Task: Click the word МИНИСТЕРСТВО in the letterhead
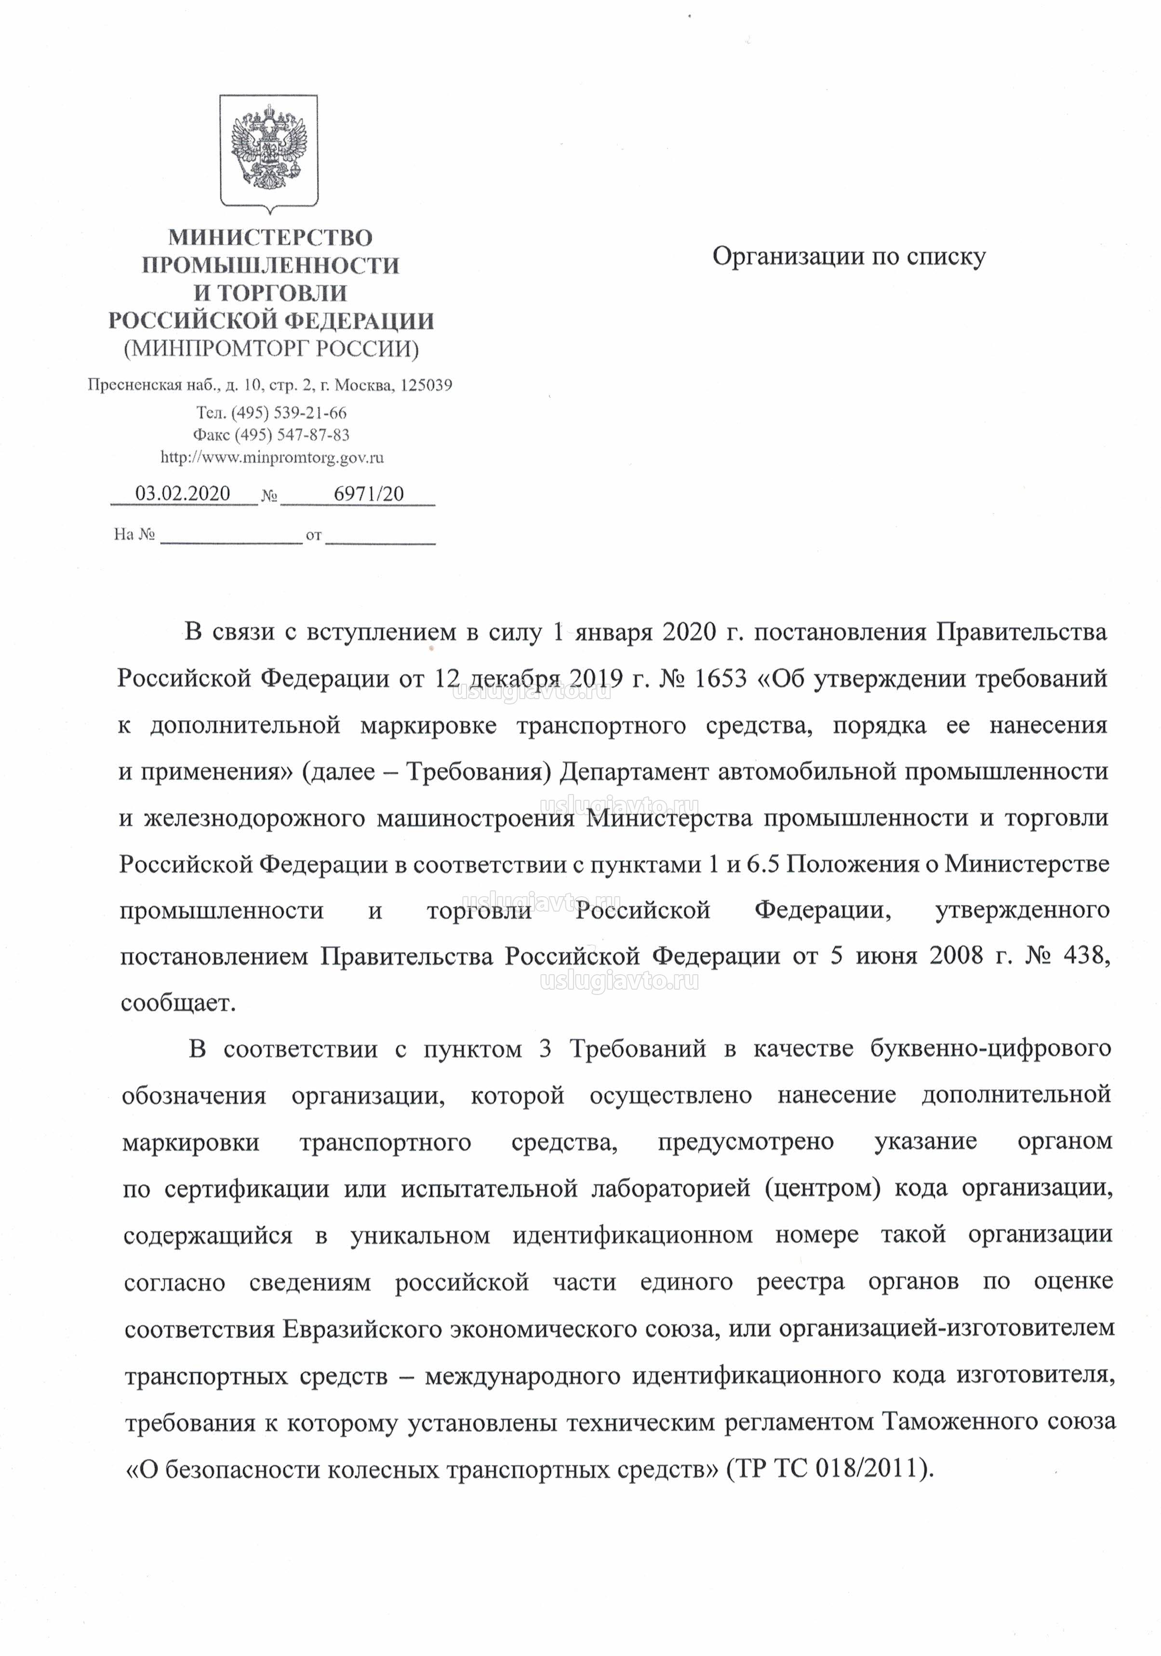[x=270, y=237]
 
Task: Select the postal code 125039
[x=426, y=385]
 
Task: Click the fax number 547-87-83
[x=313, y=435]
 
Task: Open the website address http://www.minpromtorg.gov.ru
[x=271, y=457]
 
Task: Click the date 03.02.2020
[x=183, y=493]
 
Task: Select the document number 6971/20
[x=369, y=494]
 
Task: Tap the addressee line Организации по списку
[x=849, y=257]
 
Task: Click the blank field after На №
[x=231, y=535]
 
